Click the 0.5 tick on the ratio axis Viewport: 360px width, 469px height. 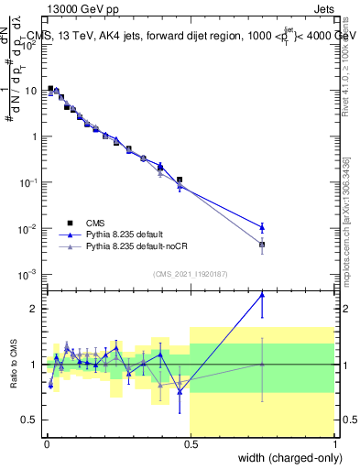coord(30,420)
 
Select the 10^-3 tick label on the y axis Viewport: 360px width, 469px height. coord(27,274)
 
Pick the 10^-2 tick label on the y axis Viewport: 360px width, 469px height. coord(27,228)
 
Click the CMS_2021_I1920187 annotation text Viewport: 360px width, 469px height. coord(190,273)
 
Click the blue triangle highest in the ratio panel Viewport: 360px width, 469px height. coord(262,295)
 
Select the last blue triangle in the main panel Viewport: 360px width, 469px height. coord(262,227)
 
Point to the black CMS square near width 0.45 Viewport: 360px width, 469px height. coord(180,180)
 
